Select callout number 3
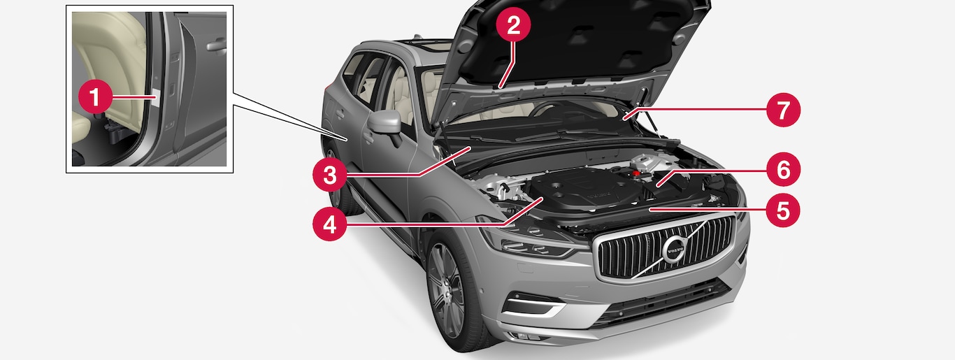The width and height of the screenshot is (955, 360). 329,175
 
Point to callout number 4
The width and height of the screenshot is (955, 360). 329,224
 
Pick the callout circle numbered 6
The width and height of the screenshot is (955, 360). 782,169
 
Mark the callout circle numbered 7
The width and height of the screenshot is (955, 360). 782,110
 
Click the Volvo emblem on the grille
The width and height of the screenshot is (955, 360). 675,249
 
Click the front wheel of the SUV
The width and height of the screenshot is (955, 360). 447,289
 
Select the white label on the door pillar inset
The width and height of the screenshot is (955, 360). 155,97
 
